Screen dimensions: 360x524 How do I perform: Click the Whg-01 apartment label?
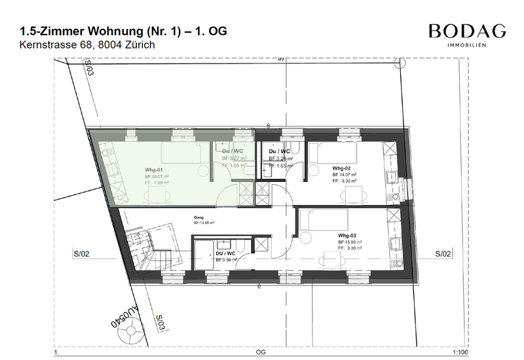point(154,169)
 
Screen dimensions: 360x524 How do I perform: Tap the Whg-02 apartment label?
point(342,168)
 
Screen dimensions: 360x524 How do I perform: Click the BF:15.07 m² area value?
point(157,176)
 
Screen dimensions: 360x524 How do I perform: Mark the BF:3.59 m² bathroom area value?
point(227,260)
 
